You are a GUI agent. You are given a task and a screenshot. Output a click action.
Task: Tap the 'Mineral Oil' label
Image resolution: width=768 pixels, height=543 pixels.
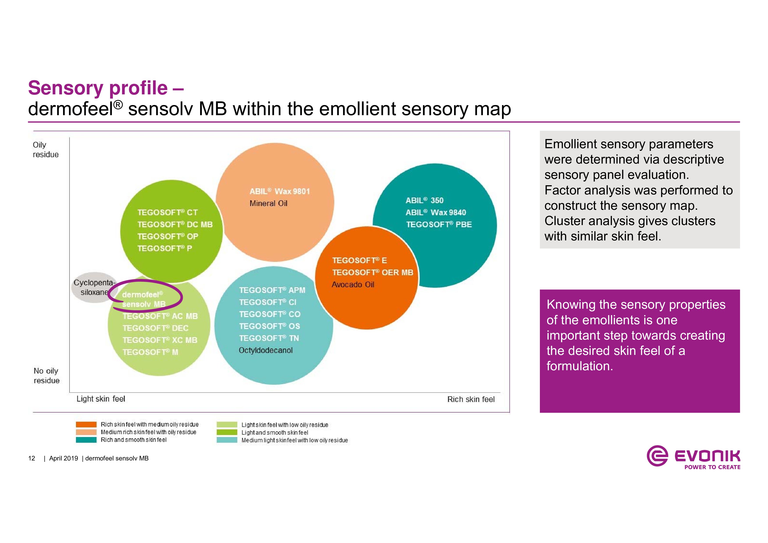(x=268, y=203)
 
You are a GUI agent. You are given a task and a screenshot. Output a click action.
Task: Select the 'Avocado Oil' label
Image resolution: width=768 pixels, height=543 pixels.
(x=353, y=285)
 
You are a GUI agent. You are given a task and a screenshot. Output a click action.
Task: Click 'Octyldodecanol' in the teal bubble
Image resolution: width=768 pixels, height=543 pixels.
(x=266, y=350)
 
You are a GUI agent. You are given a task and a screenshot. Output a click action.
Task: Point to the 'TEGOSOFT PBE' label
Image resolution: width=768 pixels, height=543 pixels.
(x=439, y=224)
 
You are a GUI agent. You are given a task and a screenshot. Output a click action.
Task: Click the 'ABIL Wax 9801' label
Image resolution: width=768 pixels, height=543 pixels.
(x=280, y=191)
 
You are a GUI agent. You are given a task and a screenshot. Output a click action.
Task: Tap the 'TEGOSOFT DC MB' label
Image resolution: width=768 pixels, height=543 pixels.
(x=175, y=224)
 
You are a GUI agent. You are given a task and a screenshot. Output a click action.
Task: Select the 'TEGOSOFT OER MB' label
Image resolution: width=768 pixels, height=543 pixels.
(x=373, y=272)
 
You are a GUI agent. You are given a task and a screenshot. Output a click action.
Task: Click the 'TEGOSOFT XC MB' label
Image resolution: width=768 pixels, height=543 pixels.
(x=160, y=340)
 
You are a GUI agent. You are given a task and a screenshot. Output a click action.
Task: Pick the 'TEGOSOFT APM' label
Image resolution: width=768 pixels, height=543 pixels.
(x=272, y=290)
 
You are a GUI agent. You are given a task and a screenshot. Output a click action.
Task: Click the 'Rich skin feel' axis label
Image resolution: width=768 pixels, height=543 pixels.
(x=471, y=399)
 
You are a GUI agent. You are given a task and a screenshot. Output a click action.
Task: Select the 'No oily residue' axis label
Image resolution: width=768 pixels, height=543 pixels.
(x=46, y=376)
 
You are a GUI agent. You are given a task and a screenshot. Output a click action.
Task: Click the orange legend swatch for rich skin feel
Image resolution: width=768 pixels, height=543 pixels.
(x=86, y=425)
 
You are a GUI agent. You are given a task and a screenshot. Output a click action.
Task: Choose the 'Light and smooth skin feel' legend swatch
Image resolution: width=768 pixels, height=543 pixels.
(x=227, y=433)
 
